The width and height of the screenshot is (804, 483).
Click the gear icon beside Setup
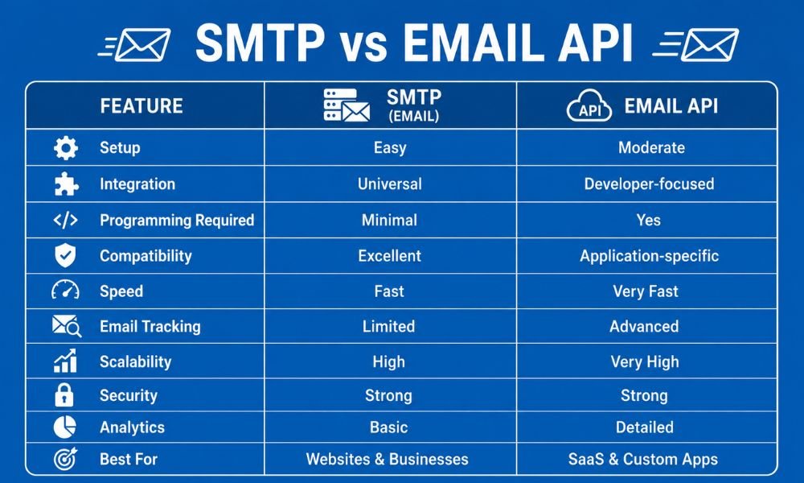point(66,148)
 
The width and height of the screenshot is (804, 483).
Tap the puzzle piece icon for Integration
point(66,184)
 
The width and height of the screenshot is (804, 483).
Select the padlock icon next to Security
point(64,394)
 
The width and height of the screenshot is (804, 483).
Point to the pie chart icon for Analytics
point(65,427)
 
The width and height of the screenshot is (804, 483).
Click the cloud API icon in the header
point(589,105)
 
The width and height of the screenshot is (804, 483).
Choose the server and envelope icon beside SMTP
point(347,105)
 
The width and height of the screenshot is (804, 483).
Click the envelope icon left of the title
point(134,44)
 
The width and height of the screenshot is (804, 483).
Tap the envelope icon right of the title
point(695,44)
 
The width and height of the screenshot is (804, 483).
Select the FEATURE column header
point(142,106)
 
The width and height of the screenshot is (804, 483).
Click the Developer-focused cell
point(649,184)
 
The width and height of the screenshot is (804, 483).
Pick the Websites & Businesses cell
point(388,459)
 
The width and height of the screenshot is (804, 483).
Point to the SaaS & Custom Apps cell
point(643,459)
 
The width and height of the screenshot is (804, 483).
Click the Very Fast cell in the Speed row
point(646,291)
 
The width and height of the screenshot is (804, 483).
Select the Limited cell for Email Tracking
point(388,327)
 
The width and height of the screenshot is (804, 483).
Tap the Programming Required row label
point(177,221)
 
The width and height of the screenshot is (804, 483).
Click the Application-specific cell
point(649,256)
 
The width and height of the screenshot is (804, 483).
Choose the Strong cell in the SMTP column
point(388,396)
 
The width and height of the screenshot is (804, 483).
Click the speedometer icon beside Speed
point(66,290)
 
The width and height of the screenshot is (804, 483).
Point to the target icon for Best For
point(65,458)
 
